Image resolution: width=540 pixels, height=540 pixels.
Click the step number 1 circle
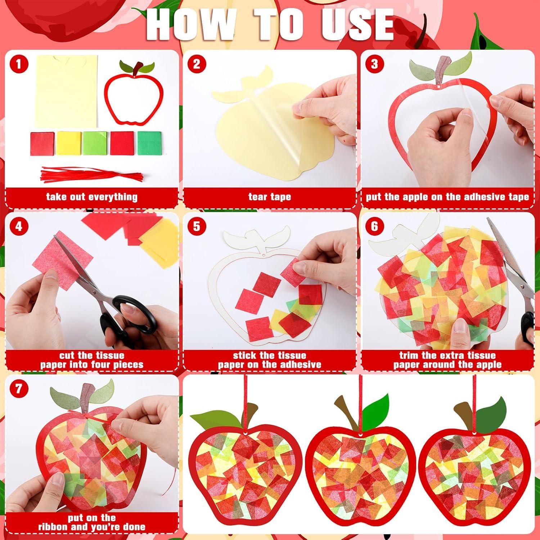point(19,65)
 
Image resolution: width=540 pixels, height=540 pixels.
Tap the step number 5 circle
point(197,226)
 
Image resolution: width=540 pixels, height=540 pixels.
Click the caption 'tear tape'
point(269,197)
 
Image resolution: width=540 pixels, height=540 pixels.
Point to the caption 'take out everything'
point(91,197)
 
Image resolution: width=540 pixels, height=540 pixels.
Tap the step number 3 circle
point(374,65)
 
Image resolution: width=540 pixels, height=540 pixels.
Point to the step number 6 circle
point(374,226)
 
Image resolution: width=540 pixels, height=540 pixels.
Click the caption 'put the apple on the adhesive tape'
point(447,197)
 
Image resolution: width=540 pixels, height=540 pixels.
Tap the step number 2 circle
point(197,65)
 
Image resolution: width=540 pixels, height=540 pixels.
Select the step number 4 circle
point(19,226)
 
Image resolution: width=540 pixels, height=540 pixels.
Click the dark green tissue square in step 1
point(150,143)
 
